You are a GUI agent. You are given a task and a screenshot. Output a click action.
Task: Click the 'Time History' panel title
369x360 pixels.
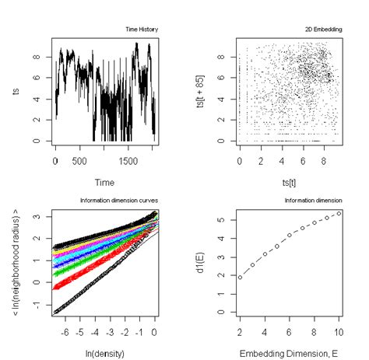pyautogui.click(x=142, y=30)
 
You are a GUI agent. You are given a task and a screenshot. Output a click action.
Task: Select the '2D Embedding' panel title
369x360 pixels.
pyautogui.click(x=325, y=30)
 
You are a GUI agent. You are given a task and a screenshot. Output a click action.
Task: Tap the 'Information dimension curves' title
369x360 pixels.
pyautogui.click(x=119, y=201)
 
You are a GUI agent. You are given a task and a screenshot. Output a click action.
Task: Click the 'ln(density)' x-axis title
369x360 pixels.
pyautogui.click(x=104, y=355)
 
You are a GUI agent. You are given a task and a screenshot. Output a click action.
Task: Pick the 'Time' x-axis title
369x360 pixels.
pyautogui.click(x=104, y=182)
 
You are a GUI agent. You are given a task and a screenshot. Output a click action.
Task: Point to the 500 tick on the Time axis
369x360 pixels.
pyautogui.click(x=79, y=160)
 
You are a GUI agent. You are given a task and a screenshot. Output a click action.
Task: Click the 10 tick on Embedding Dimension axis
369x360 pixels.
pyautogui.click(x=338, y=333)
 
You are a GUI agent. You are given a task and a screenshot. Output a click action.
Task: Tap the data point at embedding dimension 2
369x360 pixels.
pyautogui.click(x=241, y=277)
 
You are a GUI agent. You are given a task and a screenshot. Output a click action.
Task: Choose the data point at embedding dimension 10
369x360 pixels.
pyautogui.click(x=338, y=212)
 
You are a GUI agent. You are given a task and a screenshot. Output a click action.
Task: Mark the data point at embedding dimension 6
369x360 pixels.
pyautogui.click(x=290, y=235)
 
